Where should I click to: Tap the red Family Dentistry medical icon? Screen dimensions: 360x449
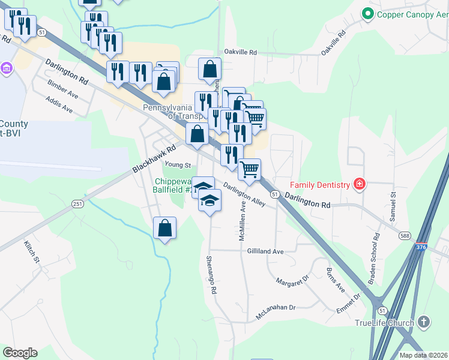pos(360,184)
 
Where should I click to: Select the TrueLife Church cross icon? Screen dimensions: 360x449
pos(424,322)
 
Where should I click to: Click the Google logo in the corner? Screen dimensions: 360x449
pos(20,353)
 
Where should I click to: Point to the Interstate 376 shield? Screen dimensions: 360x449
pos(421,247)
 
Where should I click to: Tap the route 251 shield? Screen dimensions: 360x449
pos(77,205)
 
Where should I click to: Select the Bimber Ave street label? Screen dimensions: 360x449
pos(63,95)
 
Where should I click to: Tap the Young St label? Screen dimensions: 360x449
pos(178,165)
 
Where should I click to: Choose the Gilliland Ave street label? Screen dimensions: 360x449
pos(265,251)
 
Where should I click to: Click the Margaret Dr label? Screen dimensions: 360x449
pos(292,280)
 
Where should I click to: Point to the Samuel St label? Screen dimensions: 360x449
pos(394,206)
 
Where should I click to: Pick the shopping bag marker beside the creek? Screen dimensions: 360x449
pos(164,229)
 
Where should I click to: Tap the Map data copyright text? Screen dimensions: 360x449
pos(424,355)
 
